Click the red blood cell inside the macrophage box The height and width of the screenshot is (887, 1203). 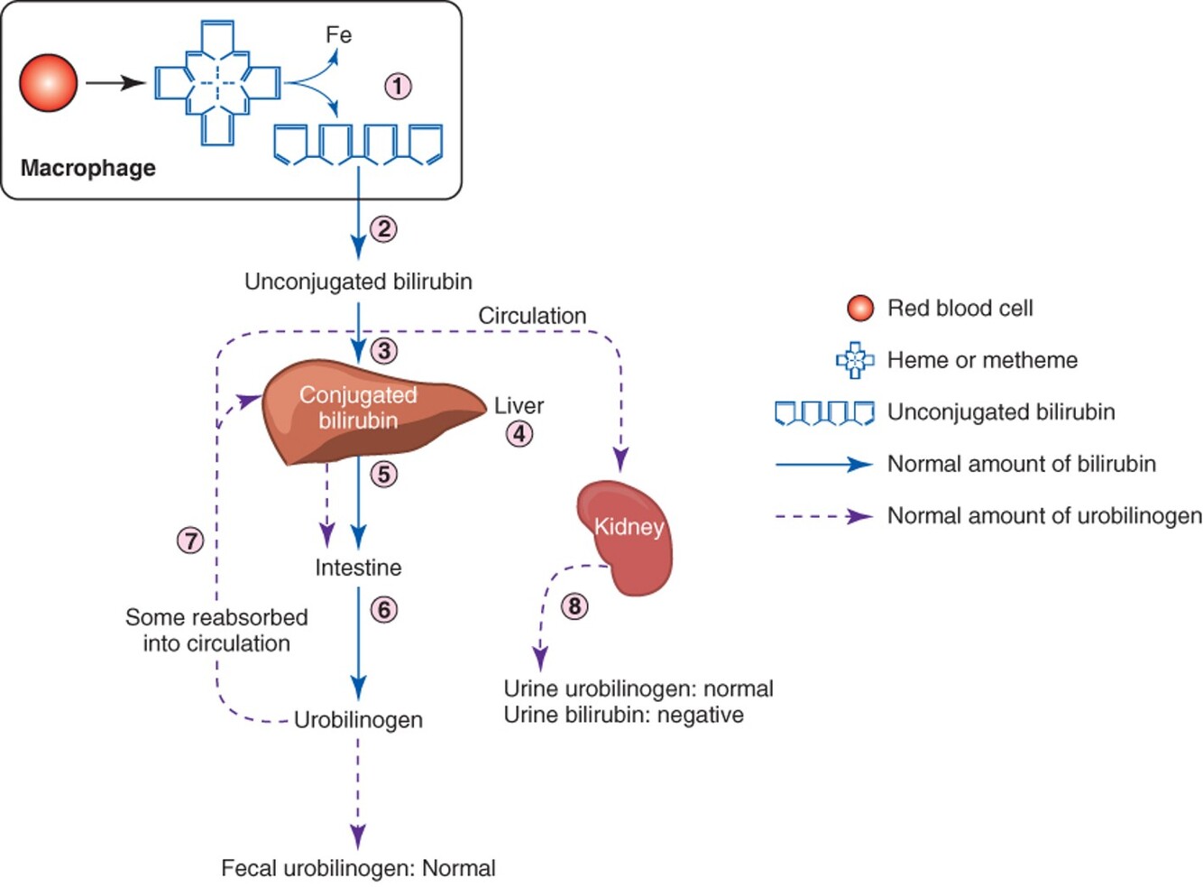tap(49, 83)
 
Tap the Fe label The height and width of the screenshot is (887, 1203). tap(338, 35)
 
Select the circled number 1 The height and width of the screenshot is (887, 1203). tap(398, 87)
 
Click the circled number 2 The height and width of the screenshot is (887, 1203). tap(383, 229)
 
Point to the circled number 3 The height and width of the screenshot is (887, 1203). tap(383, 351)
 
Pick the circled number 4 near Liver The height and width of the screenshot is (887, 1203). tap(519, 434)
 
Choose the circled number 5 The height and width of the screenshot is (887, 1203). tap(383, 475)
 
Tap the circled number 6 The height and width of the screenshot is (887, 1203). tap(383, 610)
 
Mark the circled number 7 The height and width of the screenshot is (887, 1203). tap(190, 541)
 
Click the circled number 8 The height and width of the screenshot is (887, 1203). tap(574, 606)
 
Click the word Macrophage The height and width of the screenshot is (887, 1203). tap(88, 168)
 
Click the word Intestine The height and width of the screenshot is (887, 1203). tap(358, 568)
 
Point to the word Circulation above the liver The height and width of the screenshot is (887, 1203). tap(532, 316)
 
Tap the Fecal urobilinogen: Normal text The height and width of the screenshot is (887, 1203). tap(358, 868)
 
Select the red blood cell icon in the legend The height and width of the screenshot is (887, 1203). tap(860, 309)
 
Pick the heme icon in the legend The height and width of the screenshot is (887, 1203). tap(855, 360)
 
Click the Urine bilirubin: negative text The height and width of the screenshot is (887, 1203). tap(623, 715)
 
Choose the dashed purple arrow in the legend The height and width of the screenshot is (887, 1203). tap(823, 517)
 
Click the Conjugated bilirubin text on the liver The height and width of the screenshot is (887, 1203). tap(358, 408)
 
